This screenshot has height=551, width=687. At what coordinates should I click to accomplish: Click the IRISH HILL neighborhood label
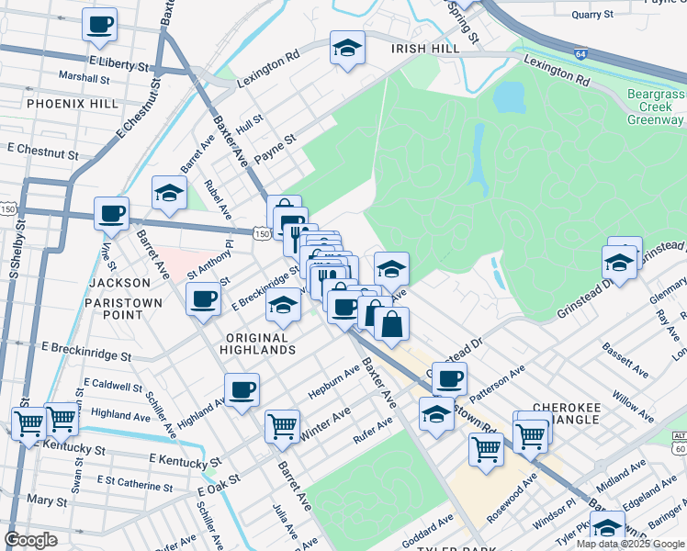pos(422,49)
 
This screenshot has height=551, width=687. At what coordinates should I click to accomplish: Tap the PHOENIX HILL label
pos(73,104)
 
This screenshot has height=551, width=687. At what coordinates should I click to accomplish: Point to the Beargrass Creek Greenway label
pos(656,107)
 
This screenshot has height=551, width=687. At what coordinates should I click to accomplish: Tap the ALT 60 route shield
pos(679,443)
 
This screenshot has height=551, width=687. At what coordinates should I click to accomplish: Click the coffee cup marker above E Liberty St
pos(100,25)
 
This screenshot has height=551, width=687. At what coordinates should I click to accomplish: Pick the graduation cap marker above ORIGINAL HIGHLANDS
pos(284,306)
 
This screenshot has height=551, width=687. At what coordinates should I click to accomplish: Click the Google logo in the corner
pos(31,540)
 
